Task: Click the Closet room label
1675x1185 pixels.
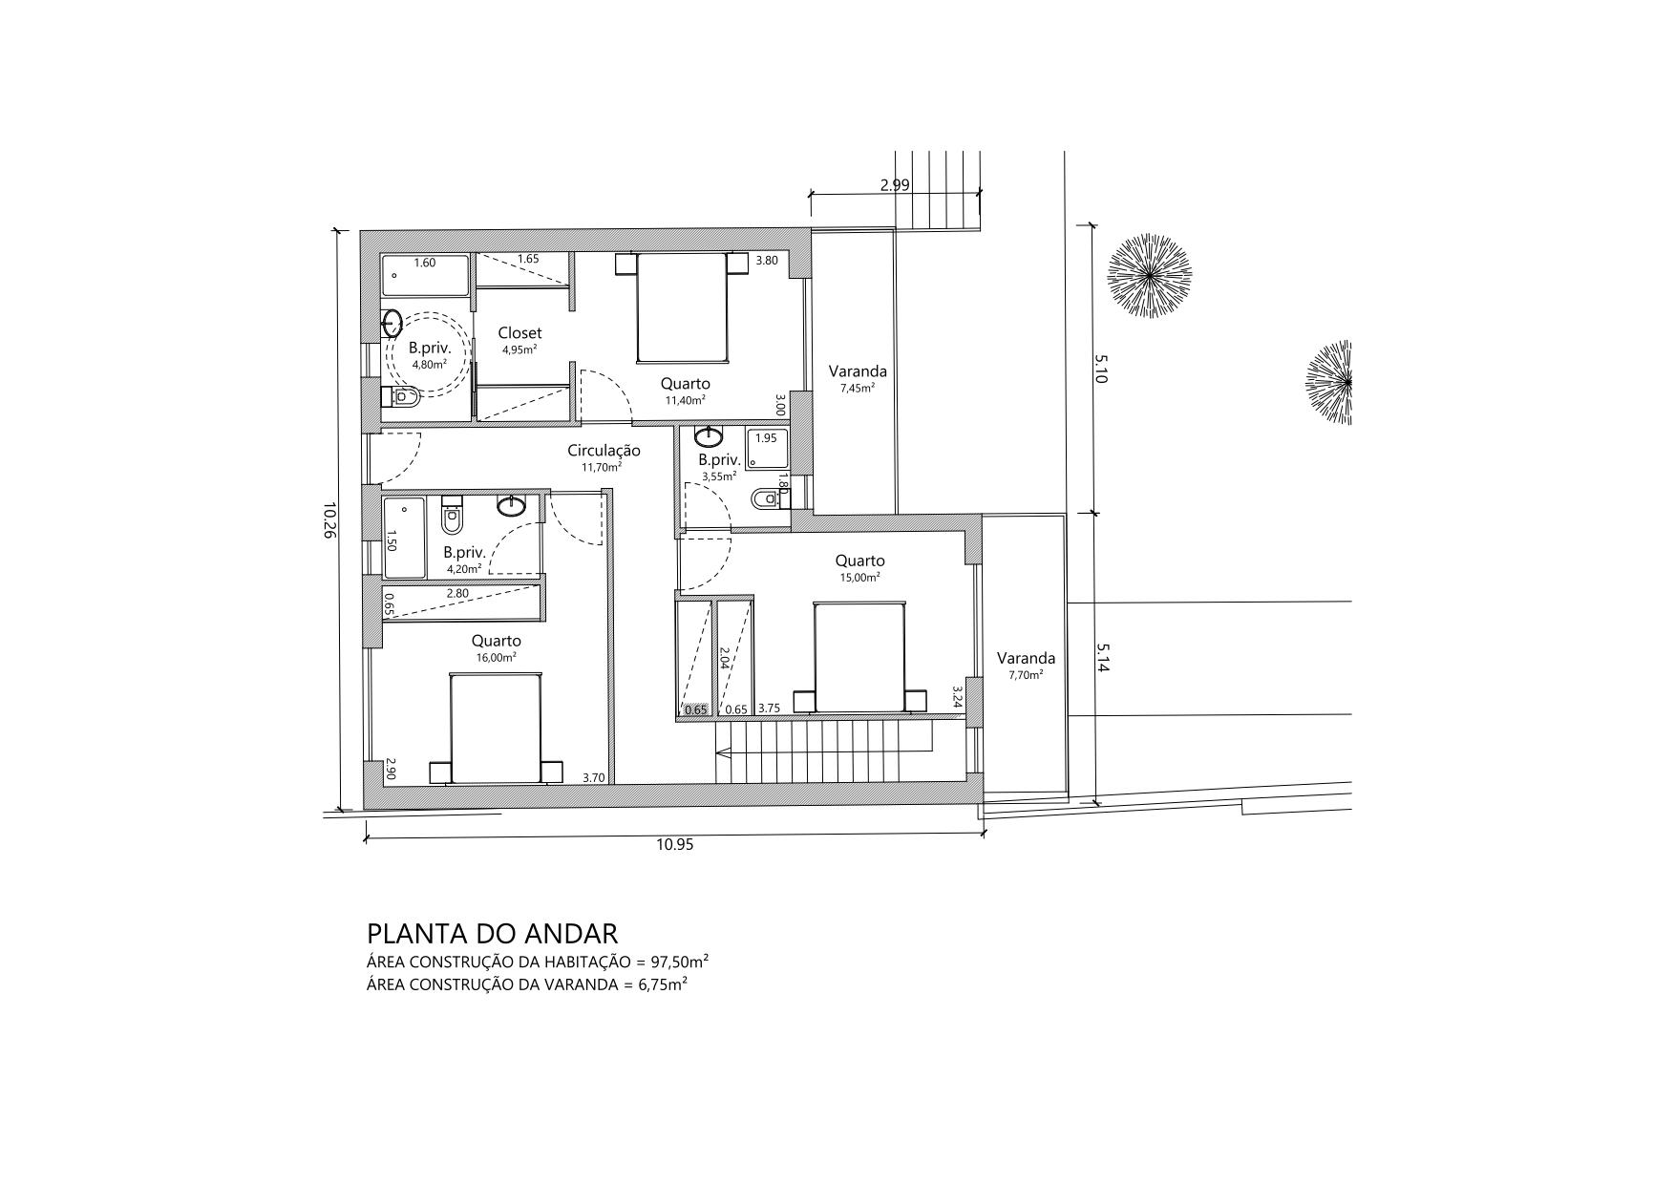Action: pyautogui.click(x=519, y=332)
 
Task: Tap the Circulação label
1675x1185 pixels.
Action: pyautogui.click(x=604, y=451)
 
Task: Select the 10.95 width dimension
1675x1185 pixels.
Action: pyautogui.click(x=674, y=844)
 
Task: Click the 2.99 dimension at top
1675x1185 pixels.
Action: pyautogui.click(x=895, y=185)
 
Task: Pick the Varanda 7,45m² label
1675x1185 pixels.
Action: pyautogui.click(x=858, y=378)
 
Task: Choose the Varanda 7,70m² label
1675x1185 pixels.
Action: pyautogui.click(x=1026, y=665)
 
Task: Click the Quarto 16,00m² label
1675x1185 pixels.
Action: pyautogui.click(x=497, y=647)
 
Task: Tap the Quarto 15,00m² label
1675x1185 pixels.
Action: pyautogui.click(x=859, y=567)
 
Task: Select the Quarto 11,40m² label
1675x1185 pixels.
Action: pyautogui.click(x=686, y=391)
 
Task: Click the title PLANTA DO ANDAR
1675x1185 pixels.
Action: pyautogui.click(x=493, y=933)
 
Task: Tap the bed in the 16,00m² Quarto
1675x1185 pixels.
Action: pyautogui.click(x=496, y=728)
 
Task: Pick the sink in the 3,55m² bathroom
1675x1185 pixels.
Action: pyautogui.click(x=709, y=438)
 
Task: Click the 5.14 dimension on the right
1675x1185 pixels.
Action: pyautogui.click(x=1102, y=658)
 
